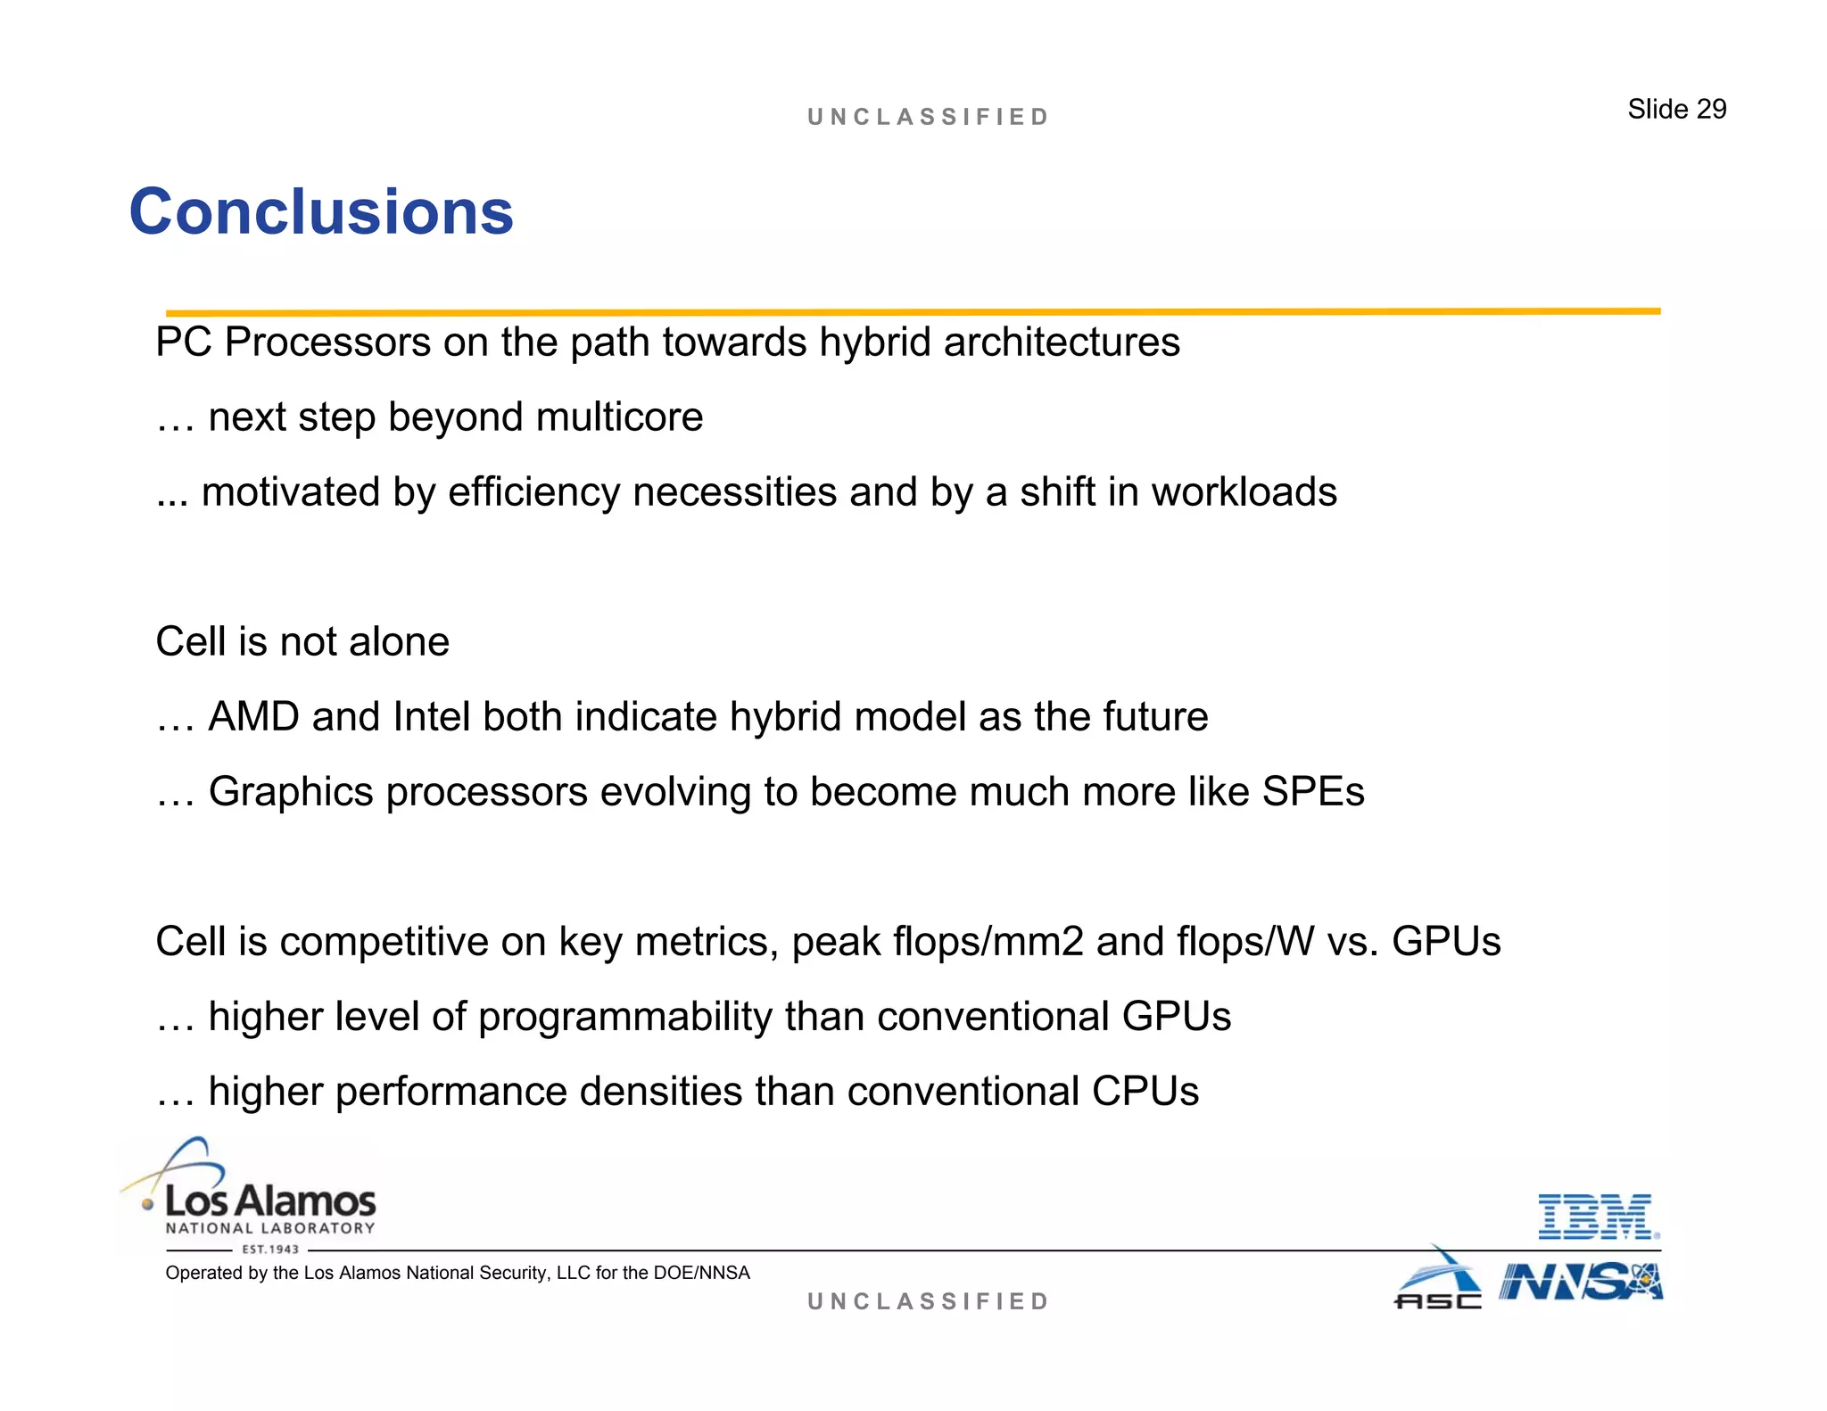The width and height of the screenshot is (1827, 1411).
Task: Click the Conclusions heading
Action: (x=321, y=212)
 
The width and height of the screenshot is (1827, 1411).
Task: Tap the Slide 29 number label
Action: (x=1676, y=109)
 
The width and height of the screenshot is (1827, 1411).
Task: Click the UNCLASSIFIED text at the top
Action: (x=928, y=117)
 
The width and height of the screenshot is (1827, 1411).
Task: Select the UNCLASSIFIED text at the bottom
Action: (x=928, y=1301)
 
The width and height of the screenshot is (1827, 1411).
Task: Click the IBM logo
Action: (x=1598, y=1217)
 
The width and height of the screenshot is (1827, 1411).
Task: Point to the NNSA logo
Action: (x=1581, y=1283)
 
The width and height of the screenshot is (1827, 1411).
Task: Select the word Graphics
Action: (x=291, y=792)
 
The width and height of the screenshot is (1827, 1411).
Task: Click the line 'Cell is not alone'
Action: (x=302, y=642)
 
